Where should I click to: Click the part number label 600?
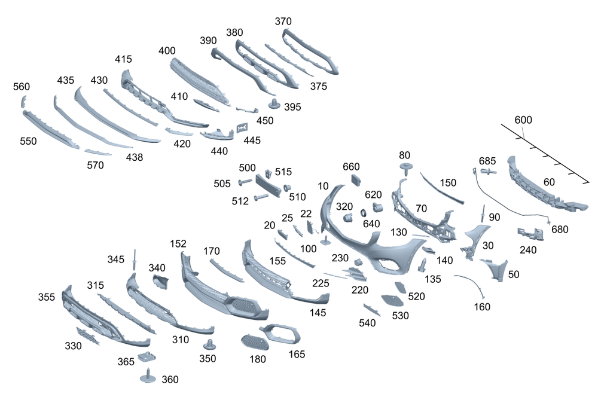tap(523, 120)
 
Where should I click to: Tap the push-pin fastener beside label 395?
tap(274, 103)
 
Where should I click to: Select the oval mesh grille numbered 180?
tap(255, 342)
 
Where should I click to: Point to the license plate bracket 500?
tap(268, 186)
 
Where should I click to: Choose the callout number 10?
tap(323, 186)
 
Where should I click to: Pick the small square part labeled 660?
tap(356, 179)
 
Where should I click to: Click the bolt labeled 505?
tap(245, 182)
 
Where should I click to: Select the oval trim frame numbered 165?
tap(281, 334)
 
